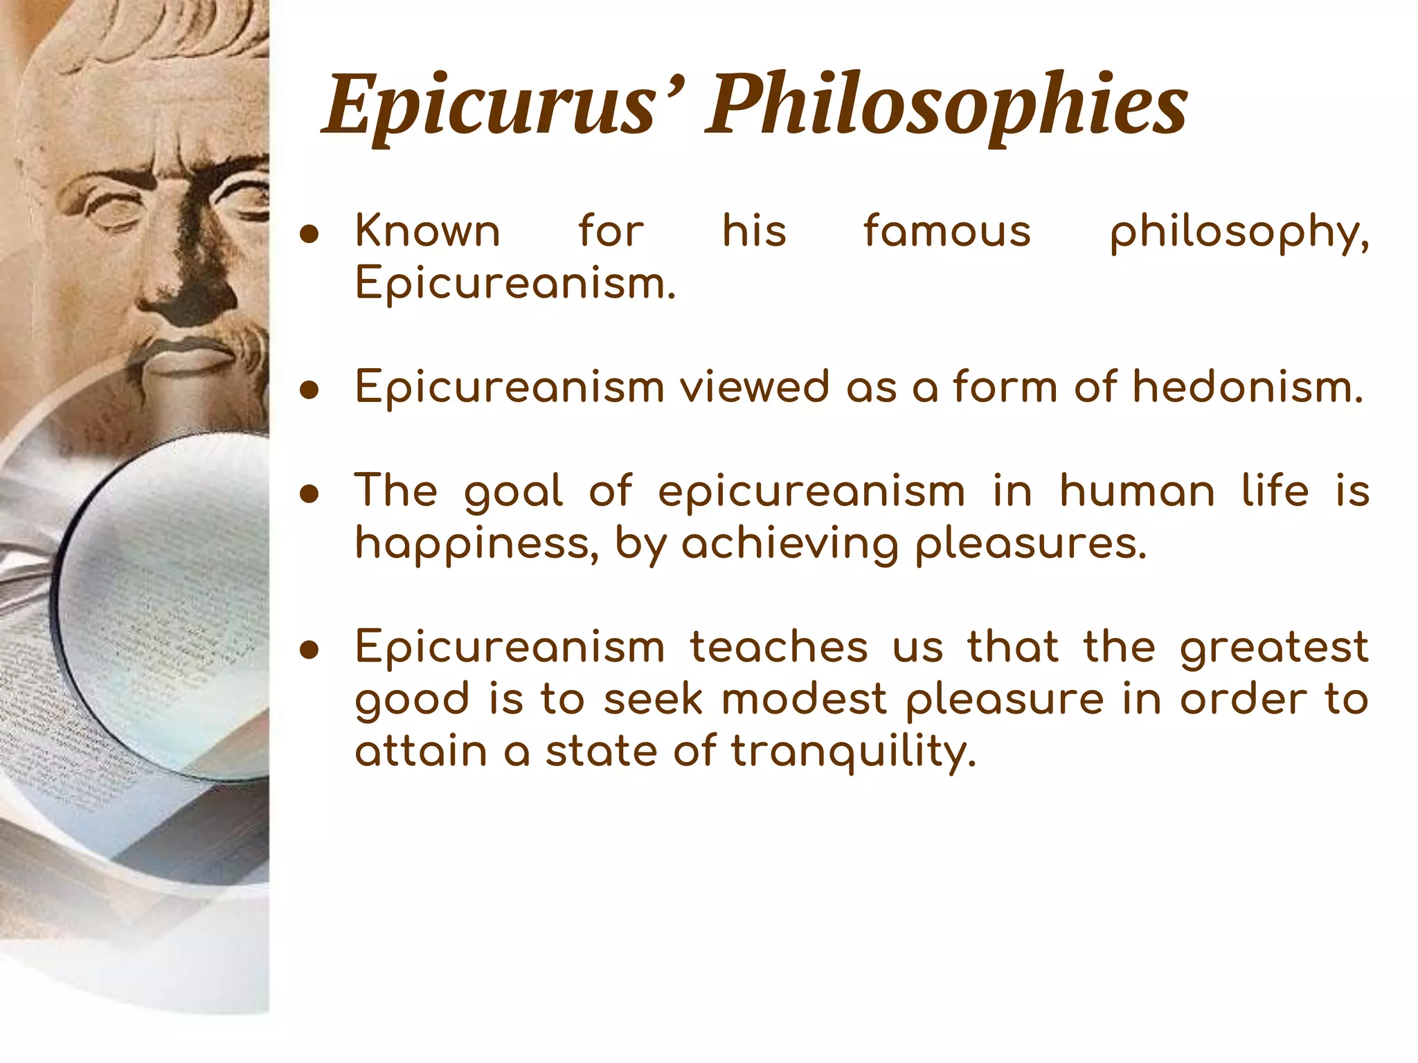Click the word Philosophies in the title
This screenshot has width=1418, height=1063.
946,106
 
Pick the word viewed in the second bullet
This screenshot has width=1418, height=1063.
754,387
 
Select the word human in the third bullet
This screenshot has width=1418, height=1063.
1137,492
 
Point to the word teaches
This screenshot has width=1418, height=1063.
779,648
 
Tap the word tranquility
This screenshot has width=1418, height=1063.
853,752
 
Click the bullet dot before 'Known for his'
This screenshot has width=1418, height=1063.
309,235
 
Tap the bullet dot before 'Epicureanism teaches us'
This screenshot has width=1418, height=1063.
309,651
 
